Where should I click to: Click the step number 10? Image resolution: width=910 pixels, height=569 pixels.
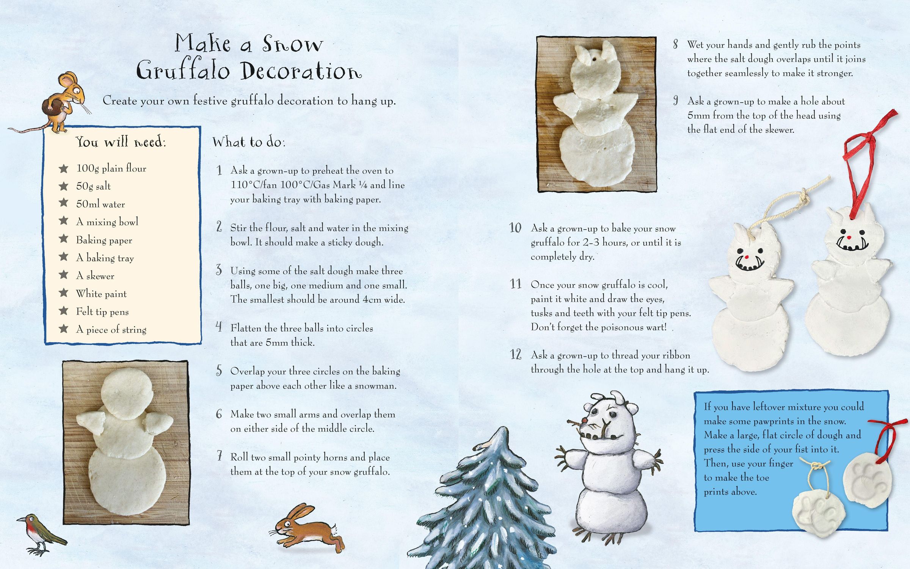click(515, 228)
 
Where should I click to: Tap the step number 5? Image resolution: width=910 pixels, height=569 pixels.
click(219, 370)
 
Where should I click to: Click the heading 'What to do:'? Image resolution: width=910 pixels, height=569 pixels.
click(249, 142)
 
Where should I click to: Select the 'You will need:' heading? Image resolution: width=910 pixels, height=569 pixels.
click(121, 141)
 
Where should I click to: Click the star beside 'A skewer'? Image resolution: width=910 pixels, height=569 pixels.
click(63, 275)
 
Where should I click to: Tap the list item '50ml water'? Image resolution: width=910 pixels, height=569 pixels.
click(100, 204)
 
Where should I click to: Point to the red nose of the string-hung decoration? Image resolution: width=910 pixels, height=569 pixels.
click(747, 257)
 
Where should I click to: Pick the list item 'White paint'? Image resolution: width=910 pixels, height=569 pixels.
click(101, 294)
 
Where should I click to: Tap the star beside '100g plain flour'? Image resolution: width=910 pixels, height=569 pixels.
click(63, 168)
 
